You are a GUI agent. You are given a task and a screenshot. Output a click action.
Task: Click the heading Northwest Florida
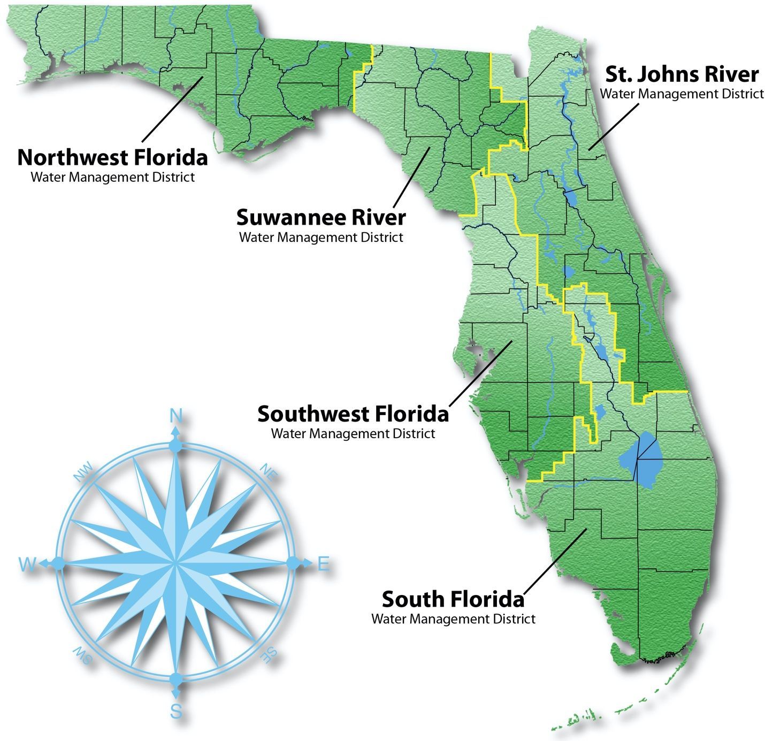pos(112,158)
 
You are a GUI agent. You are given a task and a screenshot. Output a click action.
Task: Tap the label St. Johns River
pos(682,74)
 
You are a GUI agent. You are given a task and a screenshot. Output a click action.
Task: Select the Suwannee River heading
pos(321,218)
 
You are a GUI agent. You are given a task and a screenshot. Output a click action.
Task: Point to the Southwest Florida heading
pos(353,414)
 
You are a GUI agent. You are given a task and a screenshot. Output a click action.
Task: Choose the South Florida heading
pos(453,599)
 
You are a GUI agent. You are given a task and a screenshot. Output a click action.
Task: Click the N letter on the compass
pos(175,416)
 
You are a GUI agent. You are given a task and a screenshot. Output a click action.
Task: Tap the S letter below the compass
pos(176,712)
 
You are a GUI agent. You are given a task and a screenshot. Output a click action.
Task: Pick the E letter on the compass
pos(323,564)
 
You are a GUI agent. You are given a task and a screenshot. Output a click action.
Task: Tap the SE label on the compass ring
pos(267,654)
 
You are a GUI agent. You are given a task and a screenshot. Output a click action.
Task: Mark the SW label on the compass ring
pos(83,655)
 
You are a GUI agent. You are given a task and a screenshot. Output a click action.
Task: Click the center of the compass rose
pos(175,563)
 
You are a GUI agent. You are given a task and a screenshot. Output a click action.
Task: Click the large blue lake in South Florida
pos(642,460)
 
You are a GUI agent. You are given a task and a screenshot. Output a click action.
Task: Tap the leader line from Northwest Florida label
pos(171,110)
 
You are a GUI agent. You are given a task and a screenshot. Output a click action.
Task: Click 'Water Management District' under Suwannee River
pos(321,237)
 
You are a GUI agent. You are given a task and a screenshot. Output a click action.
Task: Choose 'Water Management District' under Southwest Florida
pos(353,433)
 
